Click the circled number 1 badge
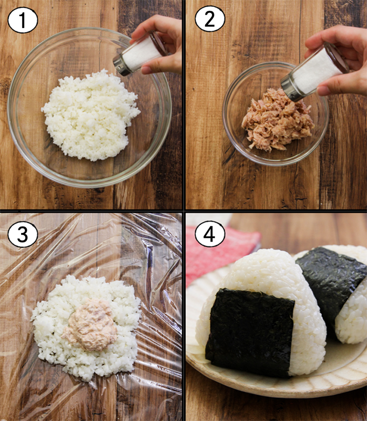pyautogui.click(x=23, y=20)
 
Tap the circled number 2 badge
pyautogui.click(x=210, y=18)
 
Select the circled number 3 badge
pyautogui.click(x=23, y=234)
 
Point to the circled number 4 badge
pyautogui.click(x=210, y=233)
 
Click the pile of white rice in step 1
pyautogui.click(x=90, y=115)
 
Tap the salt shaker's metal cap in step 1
pyautogui.click(x=120, y=65)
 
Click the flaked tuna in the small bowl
pyautogui.click(x=277, y=120)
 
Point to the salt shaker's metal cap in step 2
pyautogui.click(x=291, y=88)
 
